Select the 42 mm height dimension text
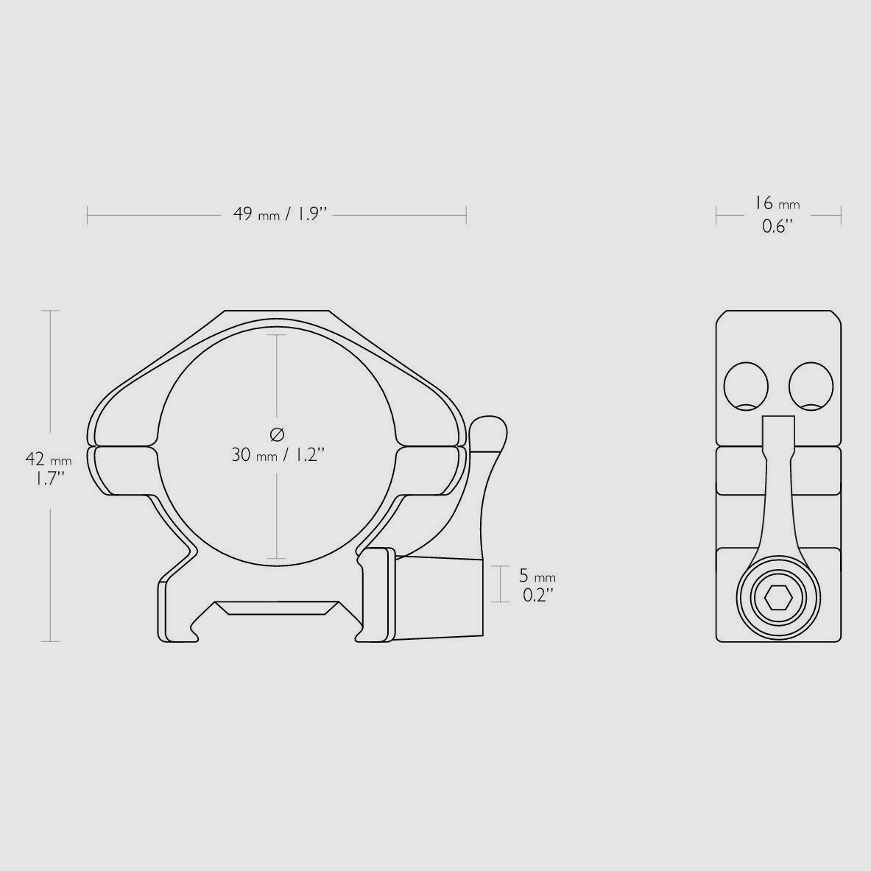tap(49, 459)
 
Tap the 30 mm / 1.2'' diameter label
tap(278, 455)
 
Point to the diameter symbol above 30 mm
tap(277, 433)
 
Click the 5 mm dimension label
tap(537, 576)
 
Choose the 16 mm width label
tap(777, 203)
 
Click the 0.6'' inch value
tap(777, 226)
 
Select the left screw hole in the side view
tap(746, 386)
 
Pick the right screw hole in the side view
tap(811, 386)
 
